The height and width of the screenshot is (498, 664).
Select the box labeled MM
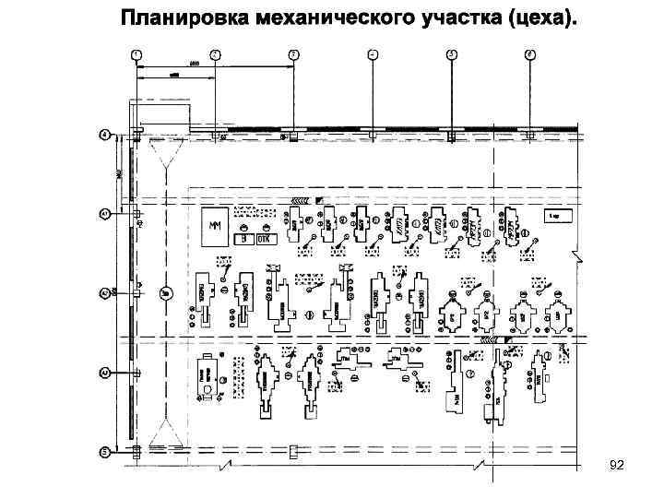[x=216, y=225]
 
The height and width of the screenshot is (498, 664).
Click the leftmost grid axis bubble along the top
[x=136, y=55]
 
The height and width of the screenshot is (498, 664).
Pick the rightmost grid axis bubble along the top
[x=530, y=55]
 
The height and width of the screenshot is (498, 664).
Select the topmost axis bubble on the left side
[x=105, y=136]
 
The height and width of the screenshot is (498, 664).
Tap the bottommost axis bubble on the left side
[x=105, y=452]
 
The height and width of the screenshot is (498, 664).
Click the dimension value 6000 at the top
[x=195, y=63]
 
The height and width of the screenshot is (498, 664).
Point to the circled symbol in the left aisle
[x=165, y=293]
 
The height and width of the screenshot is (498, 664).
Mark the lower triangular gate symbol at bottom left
[x=165, y=430]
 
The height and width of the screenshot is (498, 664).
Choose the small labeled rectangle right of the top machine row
[x=560, y=216]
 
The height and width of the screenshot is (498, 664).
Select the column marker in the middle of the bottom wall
[x=293, y=451]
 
